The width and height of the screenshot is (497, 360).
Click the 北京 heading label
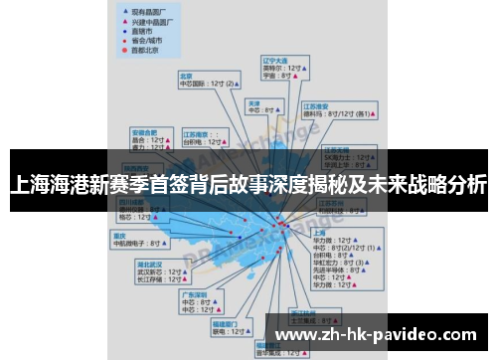(x=185, y=75)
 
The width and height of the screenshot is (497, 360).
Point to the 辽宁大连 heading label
(x=274, y=61)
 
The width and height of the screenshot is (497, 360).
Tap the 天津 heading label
(x=253, y=102)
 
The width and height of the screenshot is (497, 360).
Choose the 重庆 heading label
(x=119, y=235)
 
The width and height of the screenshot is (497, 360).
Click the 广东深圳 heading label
(x=194, y=294)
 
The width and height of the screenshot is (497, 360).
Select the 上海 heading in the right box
(x=319, y=232)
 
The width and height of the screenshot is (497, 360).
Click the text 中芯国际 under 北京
(x=193, y=84)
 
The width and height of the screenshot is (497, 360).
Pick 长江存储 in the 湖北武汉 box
(x=150, y=280)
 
